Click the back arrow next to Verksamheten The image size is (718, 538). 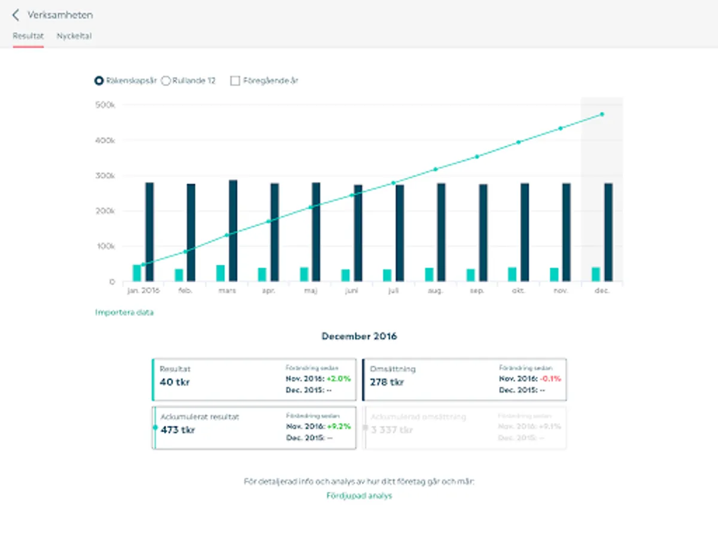(x=16, y=15)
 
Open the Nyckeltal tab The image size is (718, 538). (x=74, y=36)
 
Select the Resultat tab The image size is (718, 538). (x=28, y=36)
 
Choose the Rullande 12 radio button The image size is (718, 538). (x=166, y=81)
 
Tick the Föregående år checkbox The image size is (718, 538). (x=235, y=81)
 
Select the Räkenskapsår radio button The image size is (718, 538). (x=99, y=81)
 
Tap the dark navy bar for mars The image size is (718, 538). (x=233, y=230)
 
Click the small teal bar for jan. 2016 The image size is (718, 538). (x=137, y=273)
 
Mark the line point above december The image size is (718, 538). (x=602, y=114)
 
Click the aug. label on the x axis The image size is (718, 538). (x=436, y=291)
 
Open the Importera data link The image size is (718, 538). (x=124, y=313)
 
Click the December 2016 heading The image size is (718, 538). (x=359, y=337)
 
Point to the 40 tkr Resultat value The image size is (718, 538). (x=175, y=382)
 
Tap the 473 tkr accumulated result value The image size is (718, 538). (x=178, y=430)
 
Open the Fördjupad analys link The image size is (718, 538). (x=359, y=496)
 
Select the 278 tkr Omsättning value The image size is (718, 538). (x=387, y=382)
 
